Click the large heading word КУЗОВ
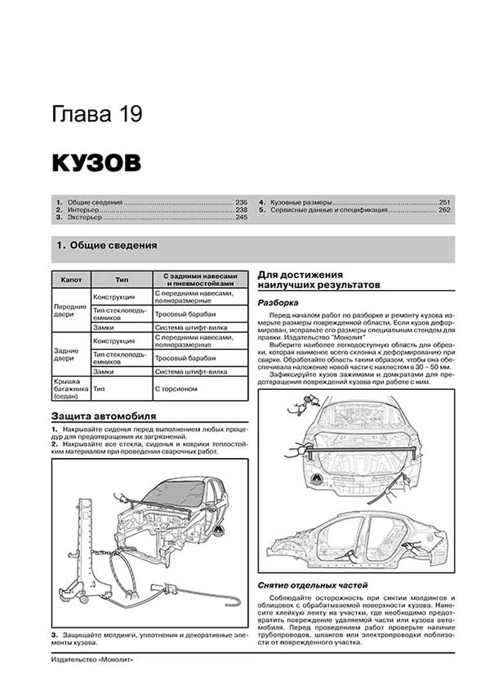pyautogui.click(x=96, y=163)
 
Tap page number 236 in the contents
pyautogui.click(x=241, y=202)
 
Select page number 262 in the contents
pyautogui.click(x=444, y=210)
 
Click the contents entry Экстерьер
pyautogui.click(x=85, y=217)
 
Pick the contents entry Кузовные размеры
pyautogui.click(x=301, y=202)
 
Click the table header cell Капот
pyautogui.click(x=71, y=280)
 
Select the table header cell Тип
pyautogui.click(x=122, y=280)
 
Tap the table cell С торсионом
pyautogui.click(x=176, y=389)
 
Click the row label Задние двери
pyautogui.click(x=66, y=354)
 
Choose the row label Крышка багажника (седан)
pyautogui.click(x=71, y=389)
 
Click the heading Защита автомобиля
pyautogui.click(x=104, y=416)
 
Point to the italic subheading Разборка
pyautogui.click(x=278, y=303)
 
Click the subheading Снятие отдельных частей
pyautogui.click(x=312, y=586)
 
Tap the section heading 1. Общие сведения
pyautogui.click(x=107, y=245)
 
